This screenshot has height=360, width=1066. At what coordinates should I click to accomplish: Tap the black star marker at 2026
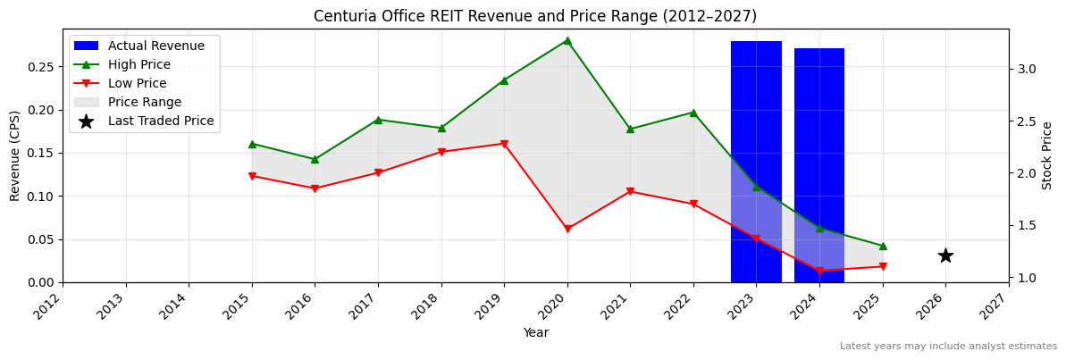(945, 255)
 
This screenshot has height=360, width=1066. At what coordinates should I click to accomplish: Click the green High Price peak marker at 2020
(567, 40)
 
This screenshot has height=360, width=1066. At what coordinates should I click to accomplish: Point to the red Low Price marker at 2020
(567, 229)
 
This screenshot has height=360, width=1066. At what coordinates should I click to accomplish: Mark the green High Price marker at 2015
(252, 144)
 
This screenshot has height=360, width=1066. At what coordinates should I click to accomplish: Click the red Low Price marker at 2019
(504, 144)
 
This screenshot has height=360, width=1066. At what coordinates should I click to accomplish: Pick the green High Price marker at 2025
(883, 246)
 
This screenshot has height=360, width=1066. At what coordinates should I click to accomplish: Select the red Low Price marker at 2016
(315, 188)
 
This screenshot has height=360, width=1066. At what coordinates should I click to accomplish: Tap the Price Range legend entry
(144, 102)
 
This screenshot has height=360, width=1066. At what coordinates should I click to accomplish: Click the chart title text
(534, 16)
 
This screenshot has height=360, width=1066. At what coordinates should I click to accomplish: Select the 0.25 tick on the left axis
(41, 67)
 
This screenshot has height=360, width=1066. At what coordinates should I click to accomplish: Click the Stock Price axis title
(1047, 155)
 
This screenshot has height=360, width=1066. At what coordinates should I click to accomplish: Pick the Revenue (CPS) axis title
(15, 155)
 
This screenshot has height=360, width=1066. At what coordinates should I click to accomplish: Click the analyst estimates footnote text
(948, 347)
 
